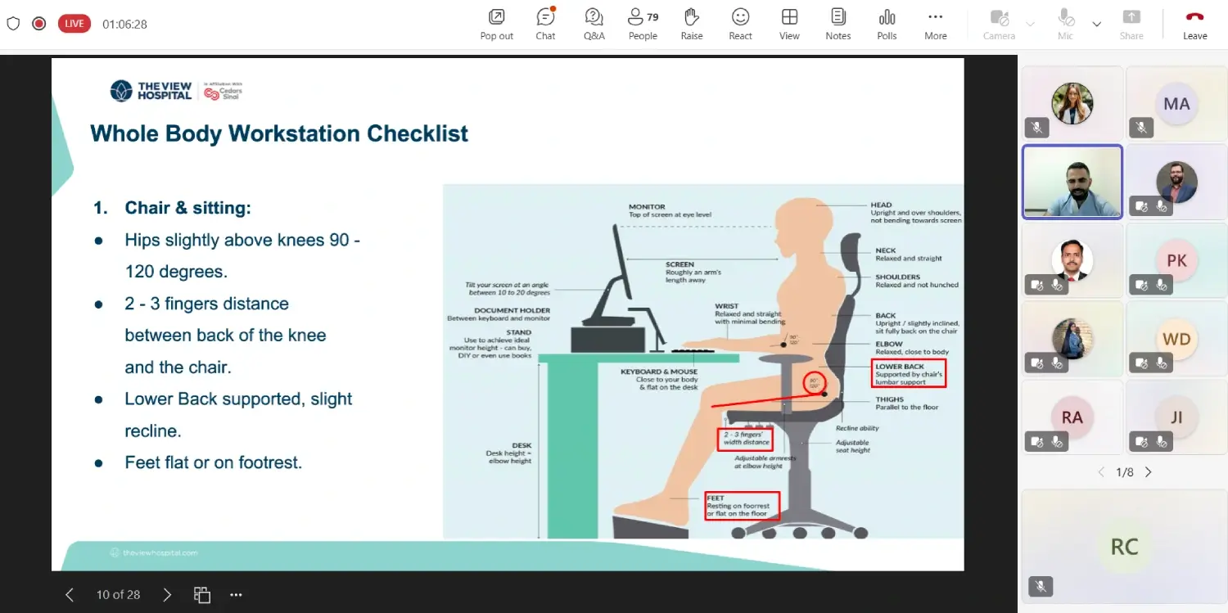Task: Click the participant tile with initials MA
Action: click(1176, 104)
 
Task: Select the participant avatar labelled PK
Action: click(1176, 260)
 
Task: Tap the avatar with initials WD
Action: click(1176, 339)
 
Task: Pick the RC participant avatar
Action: click(1123, 547)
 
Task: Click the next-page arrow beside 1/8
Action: click(1148, 472)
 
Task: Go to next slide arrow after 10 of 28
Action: click(167, 595)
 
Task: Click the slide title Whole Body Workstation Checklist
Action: click(279, 133)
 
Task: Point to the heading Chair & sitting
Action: click(187, 208)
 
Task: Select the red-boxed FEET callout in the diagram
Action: click(742, 506)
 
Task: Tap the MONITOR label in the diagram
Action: click(647, 207)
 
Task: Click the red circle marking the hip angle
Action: click(813, 382)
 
